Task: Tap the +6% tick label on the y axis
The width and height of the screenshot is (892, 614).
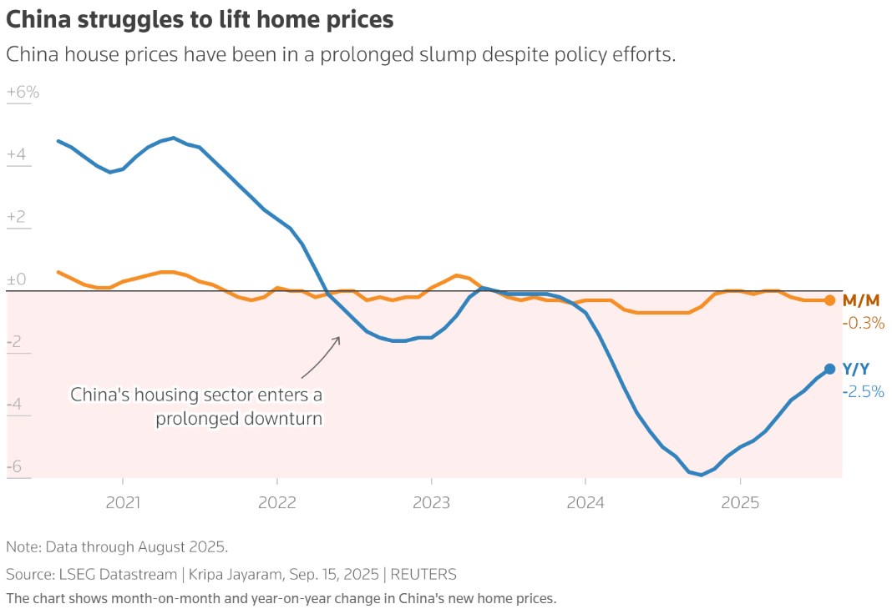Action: point(23,93)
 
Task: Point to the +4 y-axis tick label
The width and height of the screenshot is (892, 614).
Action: point(16,155)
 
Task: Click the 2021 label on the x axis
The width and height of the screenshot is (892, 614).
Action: point(123,503)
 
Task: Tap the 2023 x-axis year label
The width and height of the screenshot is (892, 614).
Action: point(431,503)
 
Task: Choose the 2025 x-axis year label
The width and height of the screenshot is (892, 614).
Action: point(740,503)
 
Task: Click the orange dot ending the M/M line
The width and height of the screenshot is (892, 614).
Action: point(829,300)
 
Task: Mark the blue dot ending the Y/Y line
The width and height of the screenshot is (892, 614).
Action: point(829,369)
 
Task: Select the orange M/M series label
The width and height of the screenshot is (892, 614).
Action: point(860,300)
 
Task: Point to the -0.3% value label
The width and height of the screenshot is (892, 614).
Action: point(863,323)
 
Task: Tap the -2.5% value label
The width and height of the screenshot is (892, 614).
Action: point(863,391)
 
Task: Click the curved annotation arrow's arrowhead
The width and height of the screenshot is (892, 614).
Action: point(338,338)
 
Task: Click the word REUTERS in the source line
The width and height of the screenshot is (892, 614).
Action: point(423,574)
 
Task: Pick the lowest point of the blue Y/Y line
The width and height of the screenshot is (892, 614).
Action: point(702,475)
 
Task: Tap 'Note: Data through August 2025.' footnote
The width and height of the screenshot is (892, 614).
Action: point(117,547)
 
